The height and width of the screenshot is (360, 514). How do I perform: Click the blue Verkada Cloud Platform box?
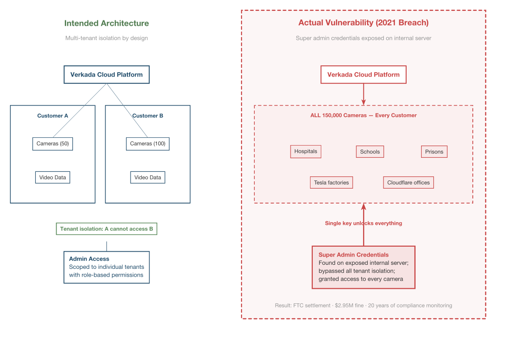click(x=107, y=75)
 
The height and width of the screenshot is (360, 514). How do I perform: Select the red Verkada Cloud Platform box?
click(x=364, y=75)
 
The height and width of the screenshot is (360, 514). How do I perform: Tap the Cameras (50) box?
click(x=53, y=144)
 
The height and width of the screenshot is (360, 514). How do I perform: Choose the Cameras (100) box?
click(x=148, y=144)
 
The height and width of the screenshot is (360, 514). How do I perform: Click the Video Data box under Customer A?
click(x=53, y=177)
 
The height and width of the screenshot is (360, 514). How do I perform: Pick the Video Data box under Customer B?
click(x=148, y=177)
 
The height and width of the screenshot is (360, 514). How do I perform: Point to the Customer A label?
click(x=53, y=116)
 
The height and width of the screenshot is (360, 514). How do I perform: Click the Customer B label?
click(x=148, y=116)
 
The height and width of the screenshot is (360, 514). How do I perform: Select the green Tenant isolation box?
click(x=107, y=229)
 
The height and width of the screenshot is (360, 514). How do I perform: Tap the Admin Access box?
click(x=107, y=267)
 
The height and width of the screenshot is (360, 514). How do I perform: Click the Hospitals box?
click(x=305, y=151)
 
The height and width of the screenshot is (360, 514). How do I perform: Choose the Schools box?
click(x=370, y=152)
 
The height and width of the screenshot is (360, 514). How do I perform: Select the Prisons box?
click(x=434, y=152)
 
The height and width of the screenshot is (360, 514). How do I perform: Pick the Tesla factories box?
click(x=331, y=183)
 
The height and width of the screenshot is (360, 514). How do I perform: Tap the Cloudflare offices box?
click(x=408, y=183)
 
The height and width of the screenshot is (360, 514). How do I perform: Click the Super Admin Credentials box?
click(x=364, y=267)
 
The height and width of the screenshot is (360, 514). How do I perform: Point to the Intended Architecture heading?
click(x=107, y=23)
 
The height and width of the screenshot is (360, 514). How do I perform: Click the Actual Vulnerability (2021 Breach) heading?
click(x=364, y=23)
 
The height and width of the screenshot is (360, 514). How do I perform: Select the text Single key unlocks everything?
click(x=364, y=223)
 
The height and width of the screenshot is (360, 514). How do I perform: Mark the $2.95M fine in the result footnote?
click(x=349, y=306)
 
